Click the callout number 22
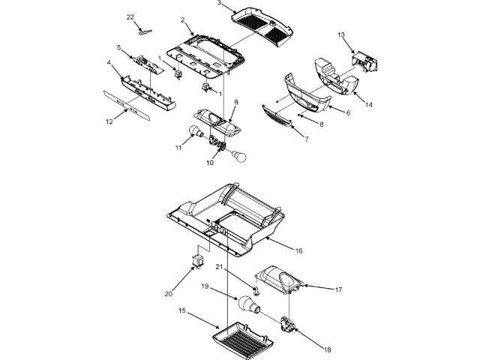[x=130, y=16]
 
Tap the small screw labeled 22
[x=143, y=31]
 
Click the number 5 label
[x=118, y=47]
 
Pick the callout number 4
[x=109, y=64]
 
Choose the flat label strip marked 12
[x=132, y=106]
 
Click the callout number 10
[x=210, y=161]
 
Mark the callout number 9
[x=235, y=101]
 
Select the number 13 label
[x=340, y=34]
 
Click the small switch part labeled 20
[x=200, y=260]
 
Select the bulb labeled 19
[x=248, y=304]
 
